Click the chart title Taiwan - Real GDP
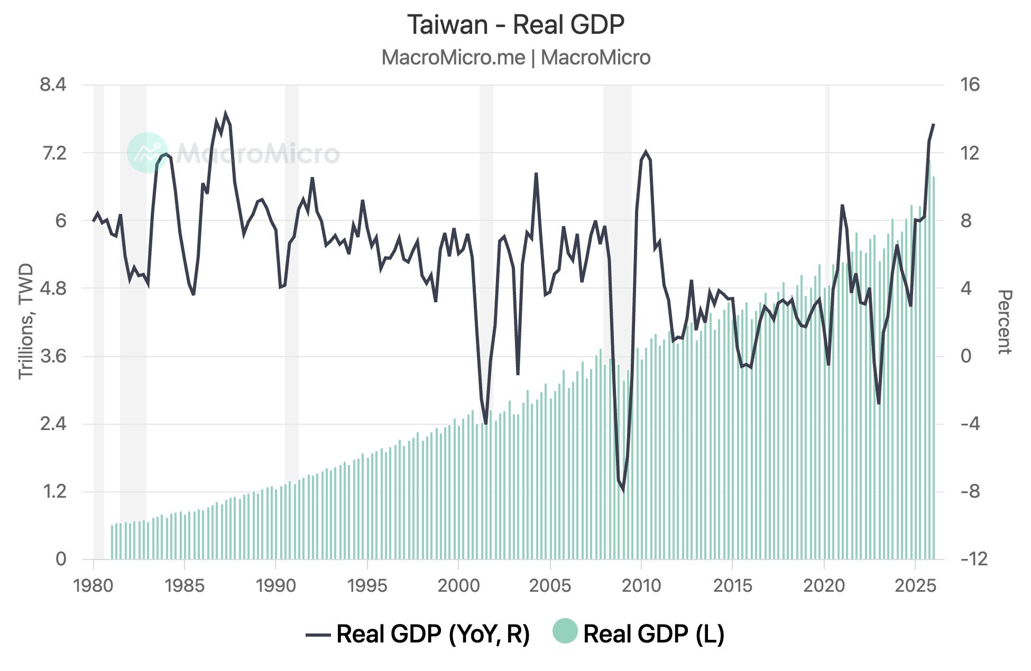(515, 25)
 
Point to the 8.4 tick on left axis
(53, 85)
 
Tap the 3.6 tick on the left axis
(53, 356)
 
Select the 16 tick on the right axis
(970, 85)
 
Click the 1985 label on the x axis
(184, 585)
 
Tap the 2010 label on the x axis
(641, 585)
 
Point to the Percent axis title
(1003, 322)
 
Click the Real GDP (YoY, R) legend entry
(418, 633)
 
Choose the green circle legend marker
(565, 632)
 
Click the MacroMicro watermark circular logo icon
(148, 153)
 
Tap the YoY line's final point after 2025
(934, 124)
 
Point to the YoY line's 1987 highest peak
(226, 114)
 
